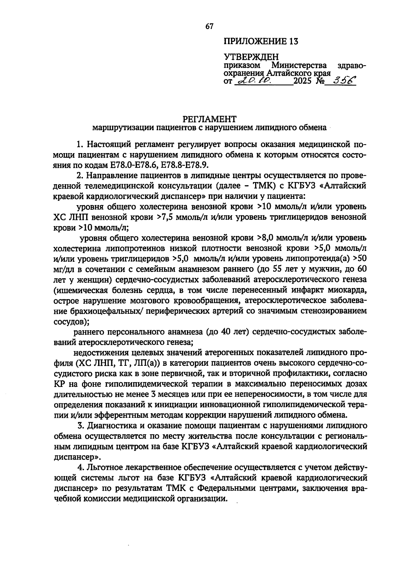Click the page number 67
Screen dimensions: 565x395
click(x=210, y=27)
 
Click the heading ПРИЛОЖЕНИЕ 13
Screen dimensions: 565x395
click(x=261, y=42)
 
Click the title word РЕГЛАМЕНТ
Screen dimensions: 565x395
click(x=210, y=118)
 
